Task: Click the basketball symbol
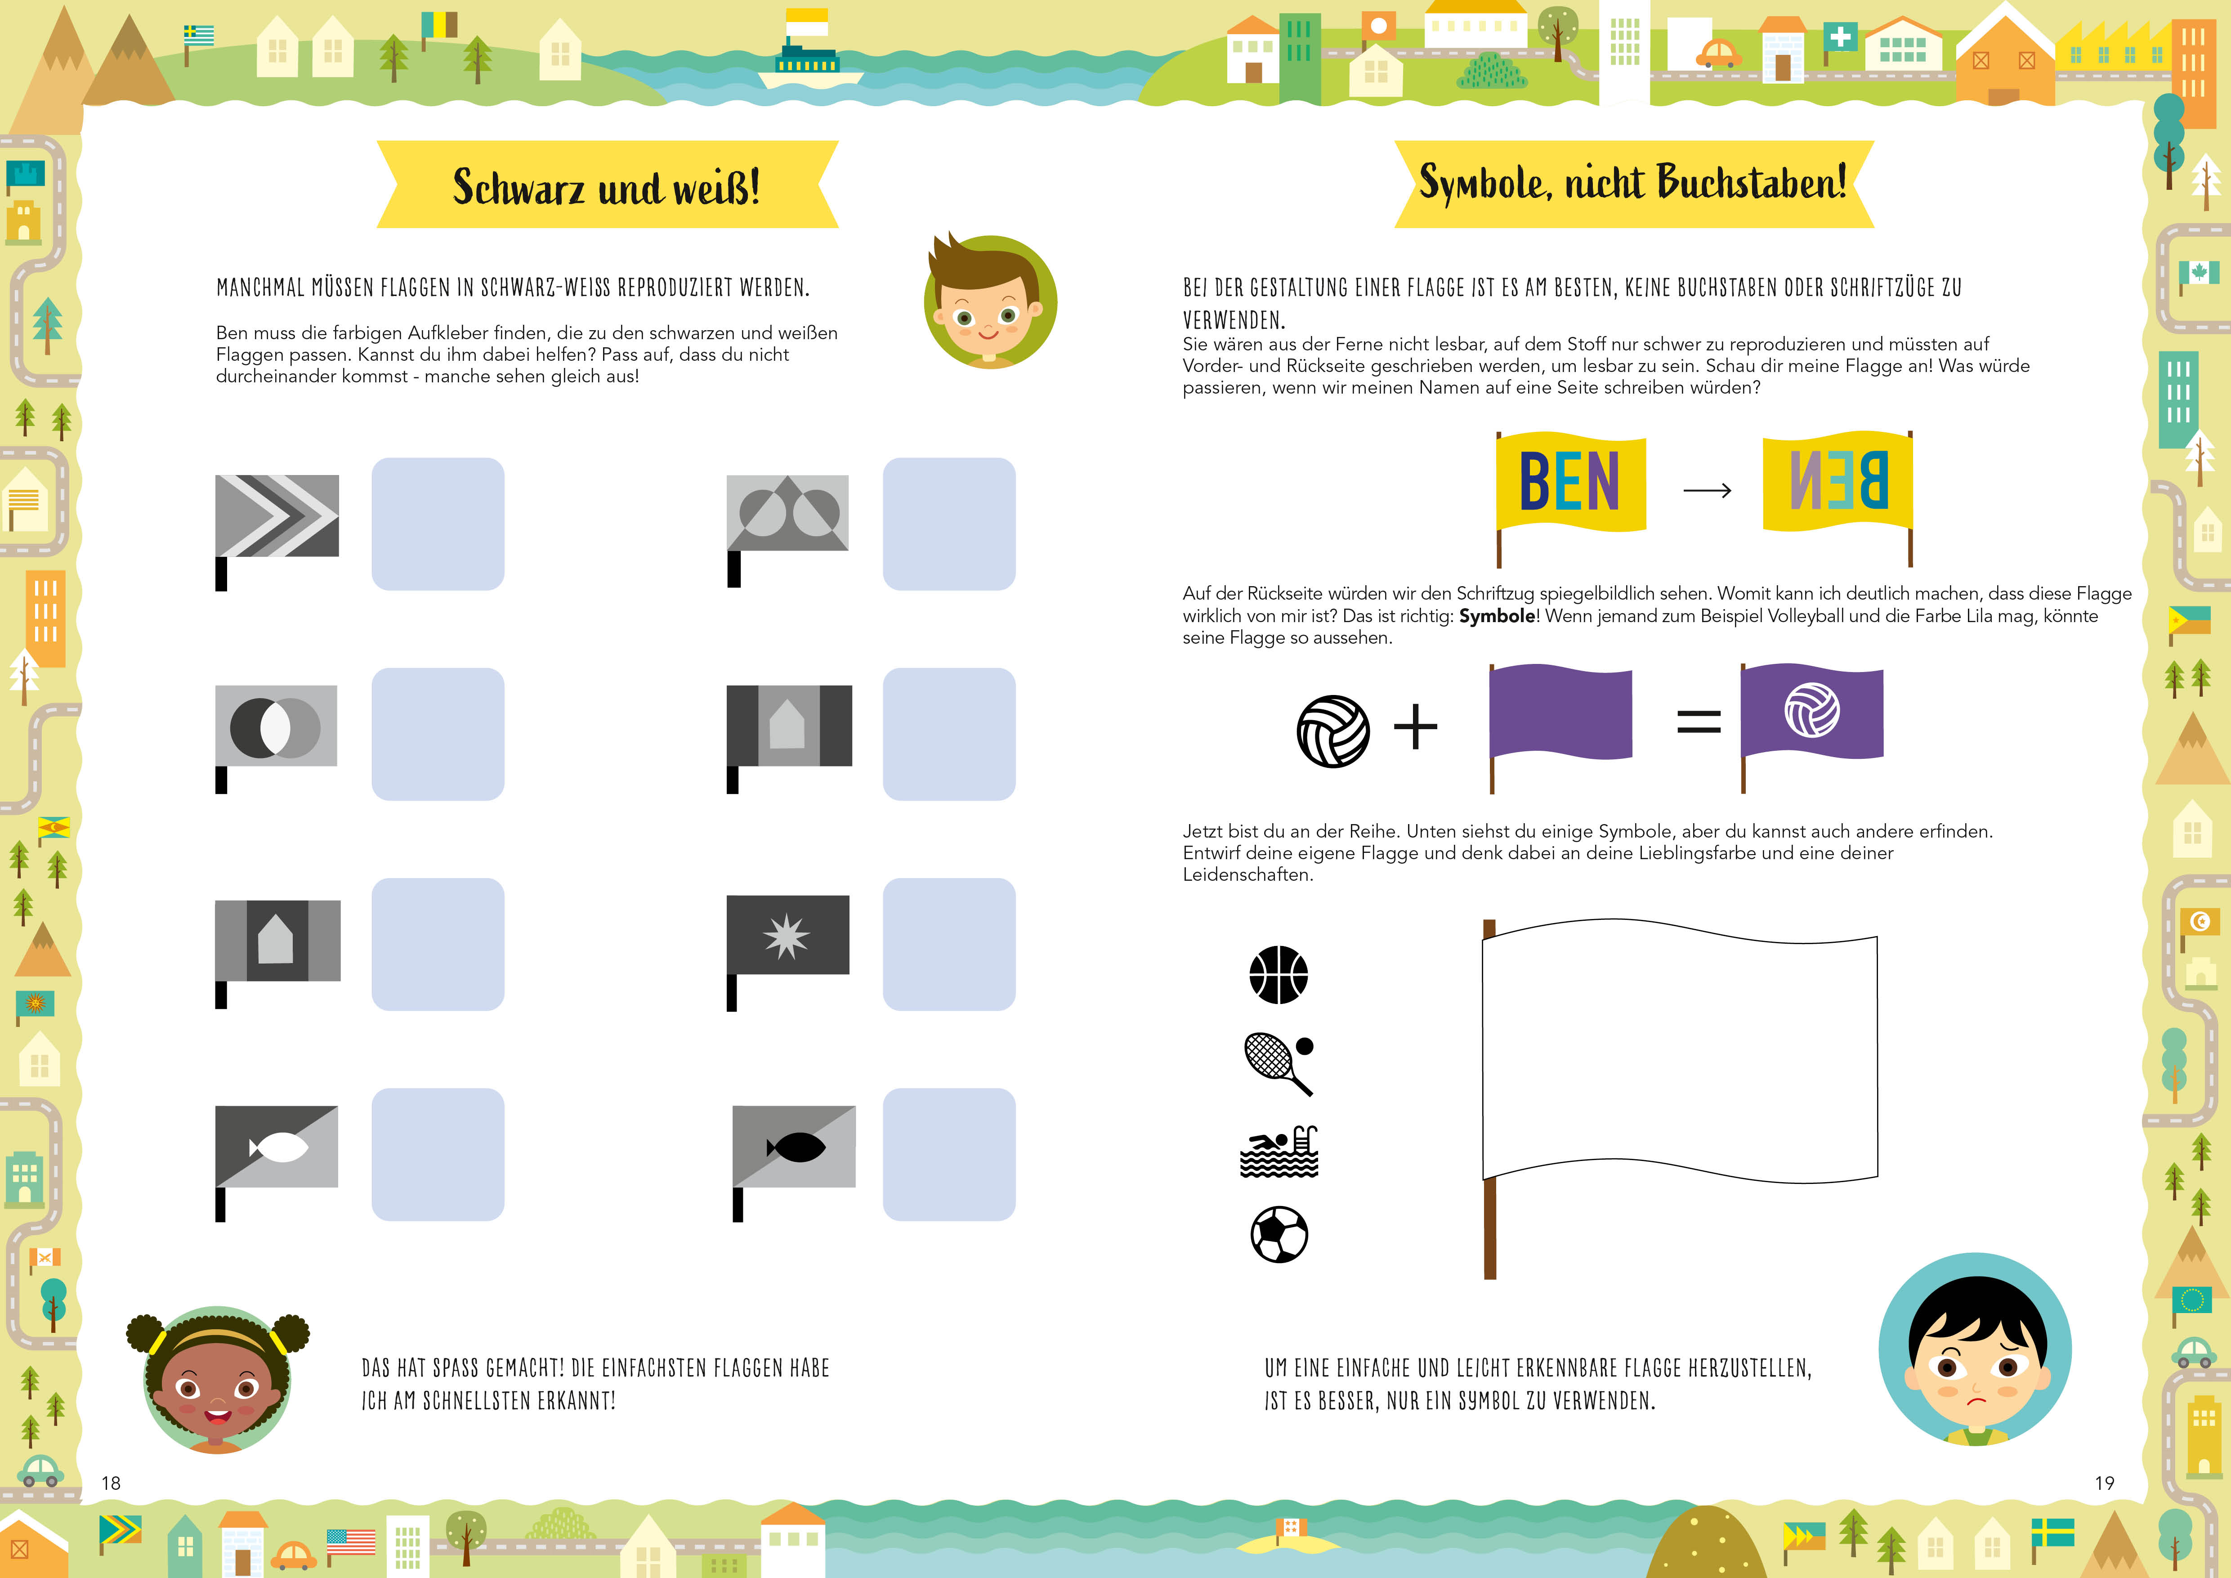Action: coord(1279,975)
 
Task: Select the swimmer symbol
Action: coord(1279,1152)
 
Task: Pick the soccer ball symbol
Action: coord(1279,1235)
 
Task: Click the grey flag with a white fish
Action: coord(277,1162)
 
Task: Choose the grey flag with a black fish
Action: coord(794,1162)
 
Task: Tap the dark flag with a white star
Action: coord(788,952)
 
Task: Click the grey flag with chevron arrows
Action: coord(277,532)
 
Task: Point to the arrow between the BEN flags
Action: coord(1707,491)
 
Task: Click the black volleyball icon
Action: coord(1333,731)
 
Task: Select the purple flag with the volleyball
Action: coord(1811,727)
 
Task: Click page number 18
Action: coord(112,1483)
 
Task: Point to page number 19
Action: coord(2105,1483)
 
